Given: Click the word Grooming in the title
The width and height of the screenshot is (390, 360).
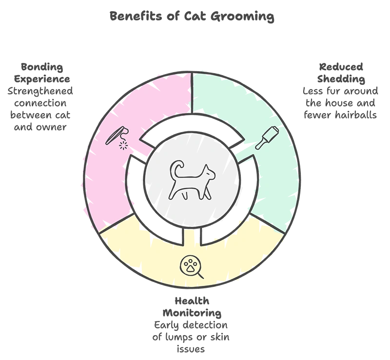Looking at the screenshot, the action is (x=242, y=17).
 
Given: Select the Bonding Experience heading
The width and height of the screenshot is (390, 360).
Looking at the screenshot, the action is (x=42, y=73).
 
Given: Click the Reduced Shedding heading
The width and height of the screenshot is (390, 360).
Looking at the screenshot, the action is (x=341, y=73).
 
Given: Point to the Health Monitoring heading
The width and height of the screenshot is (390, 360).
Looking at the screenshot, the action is (x=192, y=307).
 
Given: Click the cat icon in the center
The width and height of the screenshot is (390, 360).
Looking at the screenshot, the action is (x=192, y=180).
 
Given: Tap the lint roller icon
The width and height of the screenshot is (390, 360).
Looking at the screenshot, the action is (x=267, y=138).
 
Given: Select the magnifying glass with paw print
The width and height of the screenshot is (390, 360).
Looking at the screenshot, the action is (x=191, y=267).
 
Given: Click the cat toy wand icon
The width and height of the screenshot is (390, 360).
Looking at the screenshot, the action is (x=117, y=138).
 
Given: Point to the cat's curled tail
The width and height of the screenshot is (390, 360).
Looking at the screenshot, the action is (x=176, y=169).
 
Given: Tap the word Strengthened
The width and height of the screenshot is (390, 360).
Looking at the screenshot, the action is (x=40, y=91).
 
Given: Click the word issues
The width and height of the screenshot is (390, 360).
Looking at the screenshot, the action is (x=191, y=349).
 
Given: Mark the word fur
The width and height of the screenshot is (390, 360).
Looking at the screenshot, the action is (x=334, y=91).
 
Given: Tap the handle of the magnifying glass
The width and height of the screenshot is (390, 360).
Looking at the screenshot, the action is (x=200, y=275).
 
